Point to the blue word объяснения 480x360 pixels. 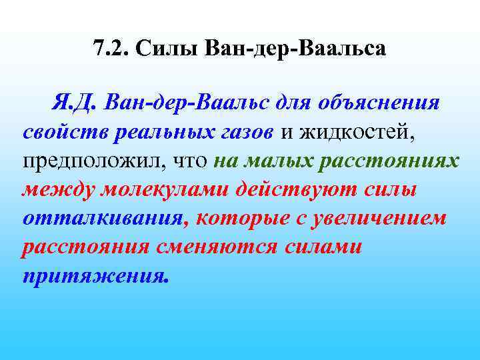click(x=380, y=103)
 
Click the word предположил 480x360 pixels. click(x=93, y=162)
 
